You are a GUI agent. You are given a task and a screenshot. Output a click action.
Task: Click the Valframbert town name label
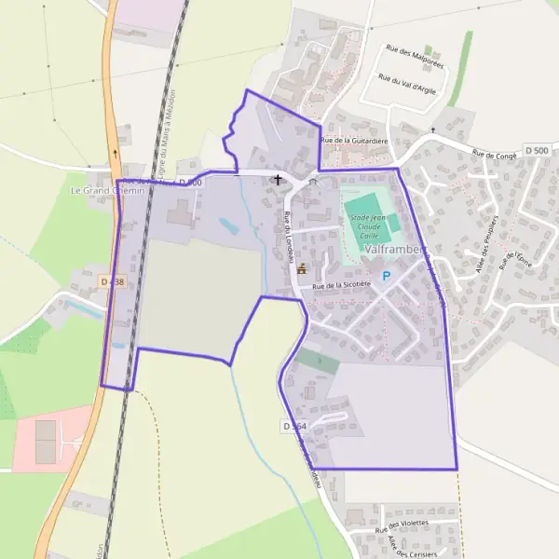396,251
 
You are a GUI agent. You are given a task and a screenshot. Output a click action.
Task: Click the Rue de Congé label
494,155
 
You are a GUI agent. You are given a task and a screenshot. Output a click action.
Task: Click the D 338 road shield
112,280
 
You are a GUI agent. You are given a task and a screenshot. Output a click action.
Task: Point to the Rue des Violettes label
402,526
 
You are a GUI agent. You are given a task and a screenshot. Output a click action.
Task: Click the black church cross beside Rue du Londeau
277,179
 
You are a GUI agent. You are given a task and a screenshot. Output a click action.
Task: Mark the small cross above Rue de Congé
432,130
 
